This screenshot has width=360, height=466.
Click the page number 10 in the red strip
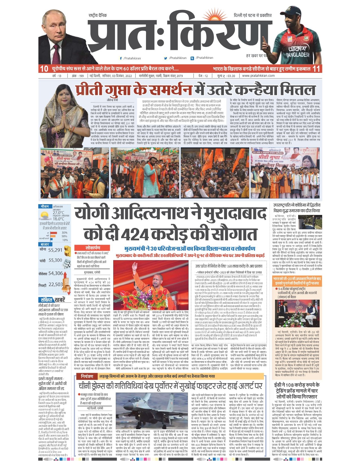44,69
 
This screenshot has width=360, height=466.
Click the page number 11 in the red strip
317,69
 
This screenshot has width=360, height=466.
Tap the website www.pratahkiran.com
258,76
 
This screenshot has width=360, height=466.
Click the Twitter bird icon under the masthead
166,58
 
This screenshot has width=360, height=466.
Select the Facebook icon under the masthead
121,58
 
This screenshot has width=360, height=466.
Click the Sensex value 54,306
55,273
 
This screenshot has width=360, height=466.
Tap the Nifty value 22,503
55,284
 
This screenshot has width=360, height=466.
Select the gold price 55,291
55,250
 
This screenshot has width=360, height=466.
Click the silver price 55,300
55,260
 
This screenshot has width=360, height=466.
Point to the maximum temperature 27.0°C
58,213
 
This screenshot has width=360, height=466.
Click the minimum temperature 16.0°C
58,219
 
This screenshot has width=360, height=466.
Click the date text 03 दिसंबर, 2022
122,76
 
